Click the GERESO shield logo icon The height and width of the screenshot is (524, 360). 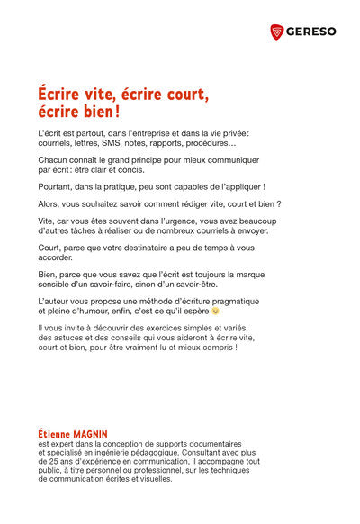pyautogui.click(x=276, y=32)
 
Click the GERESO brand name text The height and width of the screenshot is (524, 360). pyautogui.click(x=311, y=32)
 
